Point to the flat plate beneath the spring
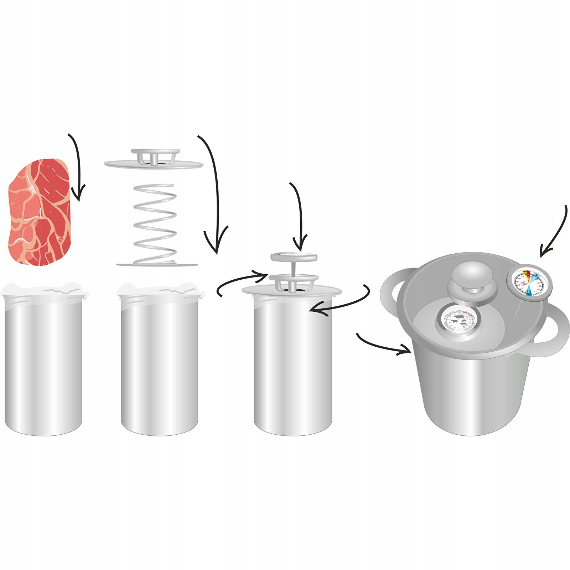[157, 264]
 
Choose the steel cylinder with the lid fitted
[293, 363]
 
